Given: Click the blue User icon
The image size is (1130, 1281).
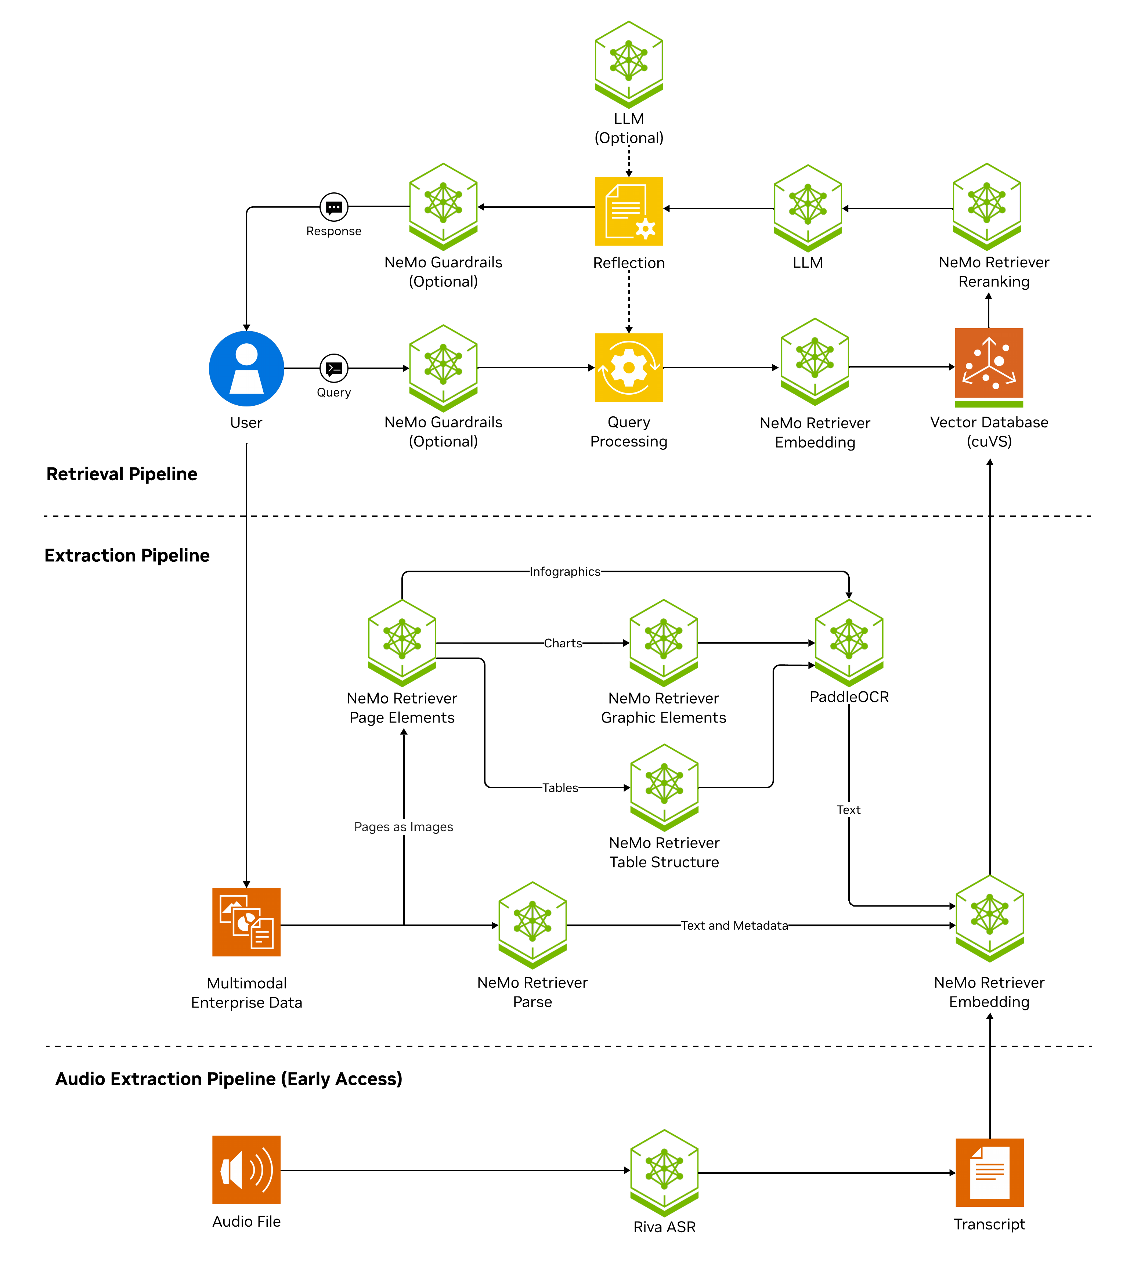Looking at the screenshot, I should [x=246, y=369].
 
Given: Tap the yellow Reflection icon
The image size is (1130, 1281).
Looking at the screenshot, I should [x=629, y=211].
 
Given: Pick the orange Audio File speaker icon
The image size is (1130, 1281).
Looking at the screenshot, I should [x=246, y=1169].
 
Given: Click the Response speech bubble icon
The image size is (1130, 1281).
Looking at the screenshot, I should [x=334, y=207].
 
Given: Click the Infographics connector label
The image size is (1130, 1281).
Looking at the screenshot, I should [x=565, y=572].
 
